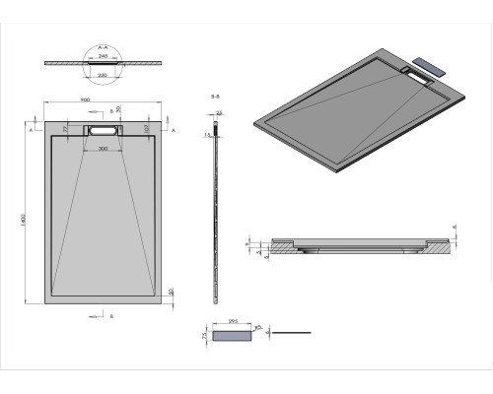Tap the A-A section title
(103, 45)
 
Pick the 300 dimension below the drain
(103, 149)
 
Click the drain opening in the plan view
(103, 129)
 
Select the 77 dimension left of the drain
(65, 128)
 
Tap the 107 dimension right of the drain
(146, 128)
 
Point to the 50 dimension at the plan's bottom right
(171, 292)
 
